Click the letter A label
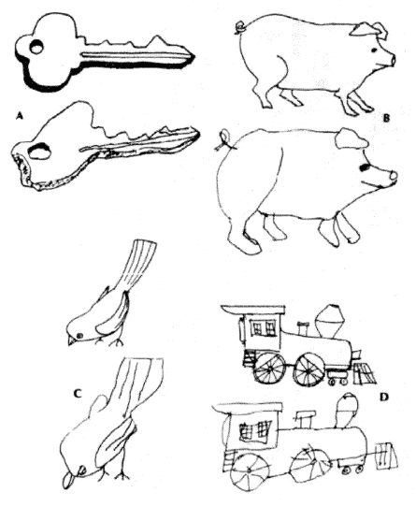click(x=20, y=116)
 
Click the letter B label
click(x=386, y=118)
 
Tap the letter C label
click(x=78, y=394)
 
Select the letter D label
click(x=383, y=397)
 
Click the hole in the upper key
click(x=36, y=47)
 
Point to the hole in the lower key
click(x=40, y=151)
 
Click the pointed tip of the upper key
click(x=194, y=57)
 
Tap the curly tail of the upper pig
click(x=241, y=26)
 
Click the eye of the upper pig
click(x=374, y=51)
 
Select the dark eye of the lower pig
click(x=364, y=167)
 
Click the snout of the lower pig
click(x=393, y=176)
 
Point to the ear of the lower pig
click(x=351, y=139)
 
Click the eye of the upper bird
click(x=79, y=336)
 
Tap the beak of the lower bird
click(x=68, y=480)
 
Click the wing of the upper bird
click(x=112, y=314)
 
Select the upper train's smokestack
click(x=330, y=321)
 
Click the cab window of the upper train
click(x=264, y=328)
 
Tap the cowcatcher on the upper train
click(x=366, y=374)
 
